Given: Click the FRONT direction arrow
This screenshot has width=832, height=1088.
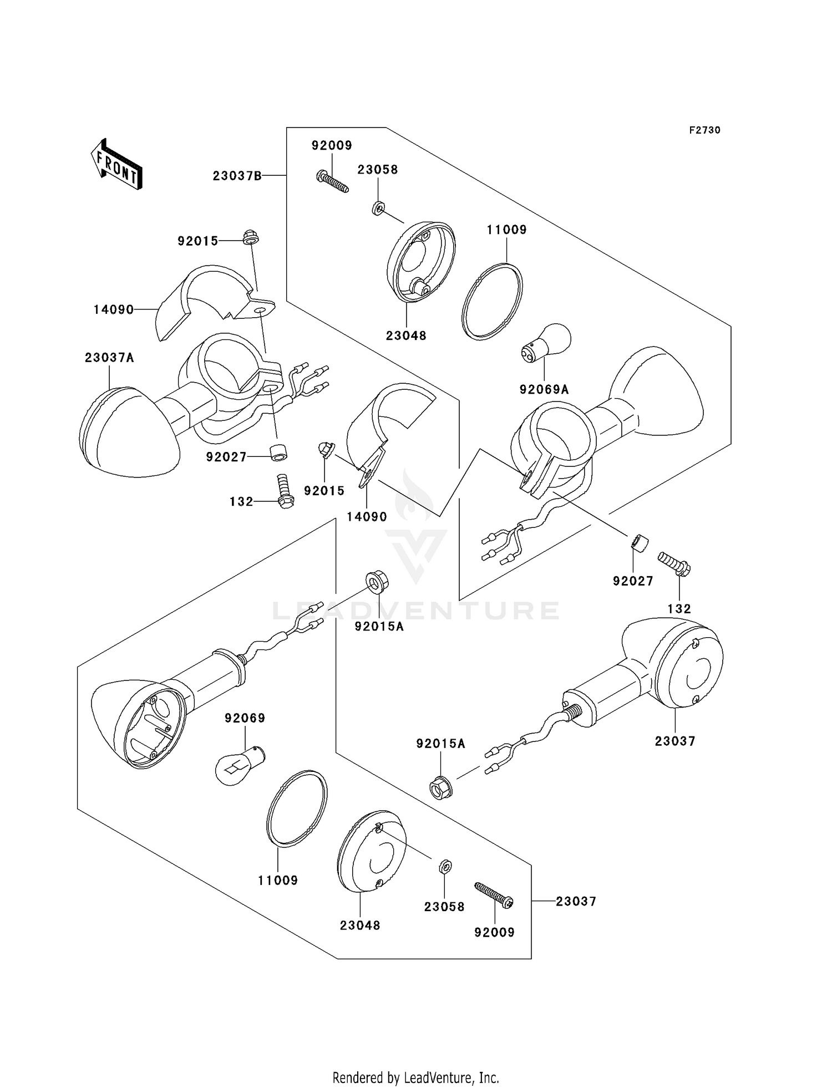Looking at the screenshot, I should point(116,165).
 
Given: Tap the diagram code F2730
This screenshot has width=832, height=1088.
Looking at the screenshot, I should point(704,130).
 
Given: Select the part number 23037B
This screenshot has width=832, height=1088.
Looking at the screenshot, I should point(237,176).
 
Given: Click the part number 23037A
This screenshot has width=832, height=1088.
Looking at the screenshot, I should point(109,358).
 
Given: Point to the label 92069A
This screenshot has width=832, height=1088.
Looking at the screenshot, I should point(544,390).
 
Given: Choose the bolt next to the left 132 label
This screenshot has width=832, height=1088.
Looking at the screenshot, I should point(284,489).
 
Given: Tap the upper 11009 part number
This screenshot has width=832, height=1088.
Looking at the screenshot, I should point(507,230).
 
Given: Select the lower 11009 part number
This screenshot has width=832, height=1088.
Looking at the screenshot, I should point(278,880).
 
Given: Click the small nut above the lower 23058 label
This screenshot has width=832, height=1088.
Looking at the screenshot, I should point(446,866).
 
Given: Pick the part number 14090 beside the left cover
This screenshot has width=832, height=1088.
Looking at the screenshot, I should point(114,309).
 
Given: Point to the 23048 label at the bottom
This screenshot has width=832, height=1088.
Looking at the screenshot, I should point(360,925).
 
